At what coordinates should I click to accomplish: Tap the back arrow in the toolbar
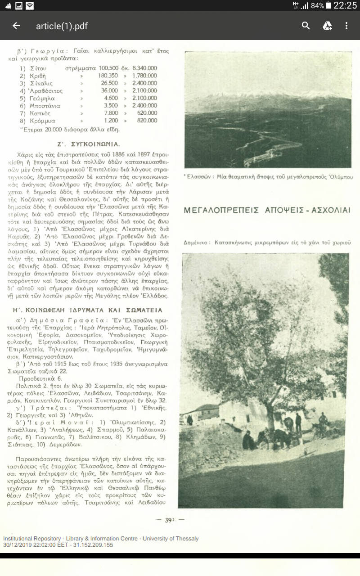tap(16, 26)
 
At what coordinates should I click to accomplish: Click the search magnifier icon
tap(306, 26)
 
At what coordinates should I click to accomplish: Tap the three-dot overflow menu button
tap(346, 26)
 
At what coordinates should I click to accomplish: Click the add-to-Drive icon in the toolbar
tap(327, 26)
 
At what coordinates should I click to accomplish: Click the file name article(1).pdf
tap(62, 26)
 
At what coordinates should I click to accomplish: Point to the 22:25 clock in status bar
tap(345, 6)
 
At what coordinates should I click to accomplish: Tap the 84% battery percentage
tap(317, 6)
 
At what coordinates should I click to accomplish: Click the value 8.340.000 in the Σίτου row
tap(144, 68)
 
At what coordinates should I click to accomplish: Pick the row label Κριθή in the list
tap(39, 76)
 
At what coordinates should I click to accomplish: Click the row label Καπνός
tap(40, 113)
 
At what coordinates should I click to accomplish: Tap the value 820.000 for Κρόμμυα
tap(147, 121)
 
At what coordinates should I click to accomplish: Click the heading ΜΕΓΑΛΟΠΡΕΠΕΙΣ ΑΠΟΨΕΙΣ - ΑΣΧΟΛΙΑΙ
tap(267, 211)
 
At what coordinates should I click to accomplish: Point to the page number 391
tap(169, 519)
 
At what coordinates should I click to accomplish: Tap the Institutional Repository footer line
tap(101, 539)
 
